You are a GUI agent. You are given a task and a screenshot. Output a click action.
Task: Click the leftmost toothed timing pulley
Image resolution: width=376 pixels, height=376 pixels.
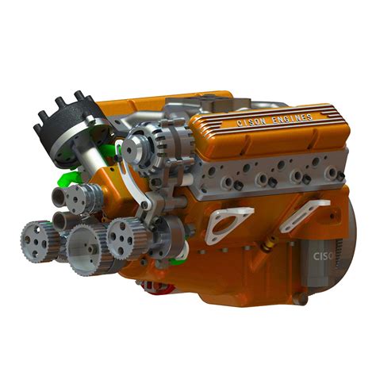(35, 233)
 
